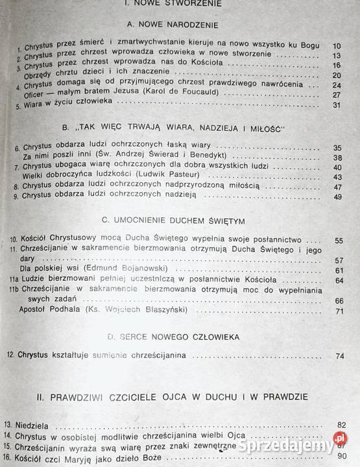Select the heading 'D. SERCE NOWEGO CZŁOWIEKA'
pyautogui.click(x=173, y=337)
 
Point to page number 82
pyautogui.click(x=341, y=425)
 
